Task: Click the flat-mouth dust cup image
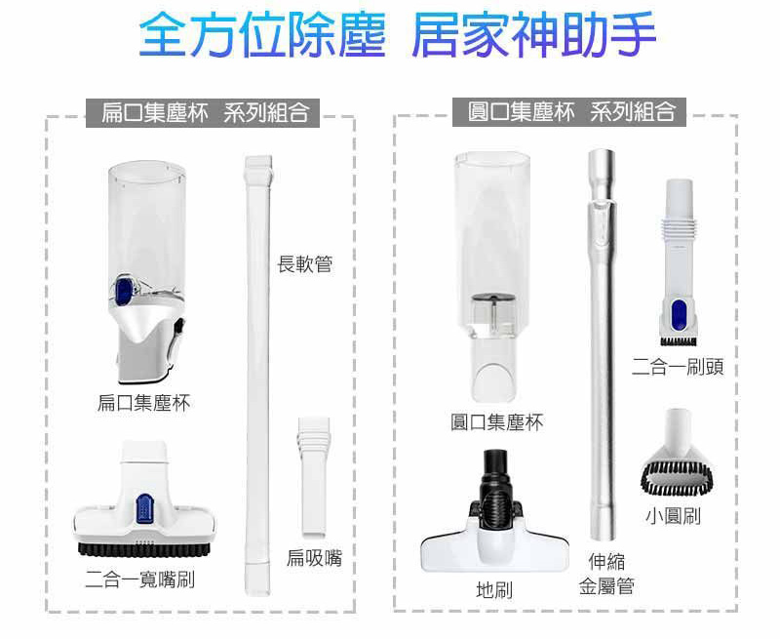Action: [147, 272]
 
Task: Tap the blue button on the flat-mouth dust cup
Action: [123, 291]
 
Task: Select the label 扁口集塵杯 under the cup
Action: [143, 403]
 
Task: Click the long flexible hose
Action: [257, 376]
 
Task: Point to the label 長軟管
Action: [304, 263]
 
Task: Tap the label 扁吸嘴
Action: [314, 558]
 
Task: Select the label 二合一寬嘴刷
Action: [139, 579]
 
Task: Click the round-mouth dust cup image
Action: [491, 277]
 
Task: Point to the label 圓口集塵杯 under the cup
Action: [496, 422]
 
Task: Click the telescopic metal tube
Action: [602, 344]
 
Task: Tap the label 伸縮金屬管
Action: [606, 574]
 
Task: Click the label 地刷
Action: [494, 590]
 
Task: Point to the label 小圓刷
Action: [673, 515]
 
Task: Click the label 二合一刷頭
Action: [678, 367]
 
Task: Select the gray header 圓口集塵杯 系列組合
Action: [569, 112]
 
